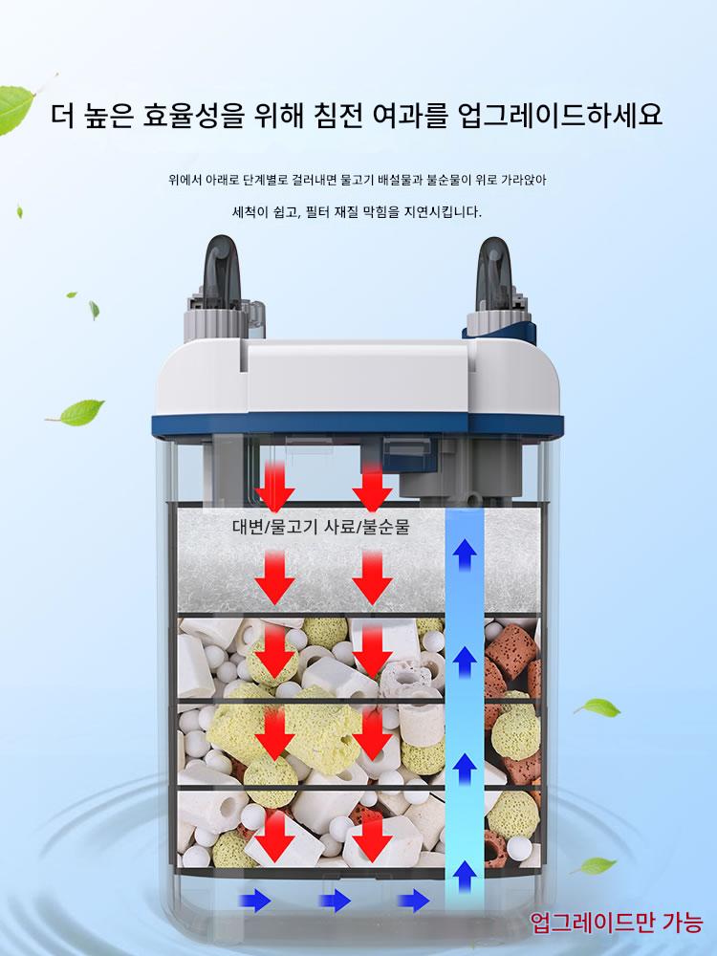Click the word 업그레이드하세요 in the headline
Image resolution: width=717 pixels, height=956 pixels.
tap(559, 115)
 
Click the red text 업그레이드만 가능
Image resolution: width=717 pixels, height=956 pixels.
tap(617, 922)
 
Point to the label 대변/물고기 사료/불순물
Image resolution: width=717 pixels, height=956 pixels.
tap(320, 527)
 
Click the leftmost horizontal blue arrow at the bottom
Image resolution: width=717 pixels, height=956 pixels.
tap(255, 900)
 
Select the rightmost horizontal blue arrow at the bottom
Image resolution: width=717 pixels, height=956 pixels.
tap(413, 900)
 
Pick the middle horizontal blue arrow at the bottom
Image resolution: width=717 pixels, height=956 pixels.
tap(335, 900)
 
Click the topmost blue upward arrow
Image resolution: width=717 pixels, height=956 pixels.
tap(465, 554)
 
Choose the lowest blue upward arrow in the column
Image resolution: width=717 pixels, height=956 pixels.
tap(465, 877)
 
